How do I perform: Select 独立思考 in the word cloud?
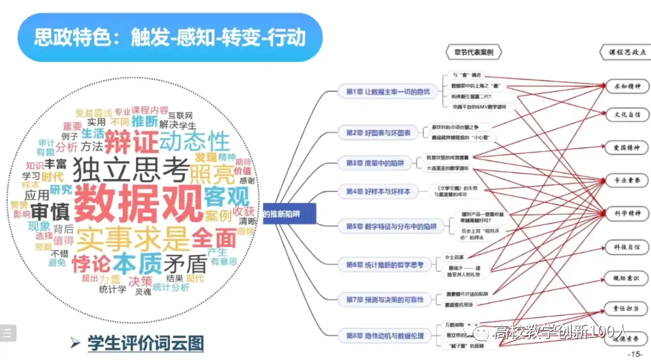(x=130, y=169)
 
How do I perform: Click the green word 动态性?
(x=194, y=141)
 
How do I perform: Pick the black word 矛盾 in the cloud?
(x=186, y=263)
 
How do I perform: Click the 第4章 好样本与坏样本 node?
(x=377, y=191)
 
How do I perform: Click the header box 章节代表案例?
(x=473, y=52)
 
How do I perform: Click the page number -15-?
(x=635, y=354)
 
